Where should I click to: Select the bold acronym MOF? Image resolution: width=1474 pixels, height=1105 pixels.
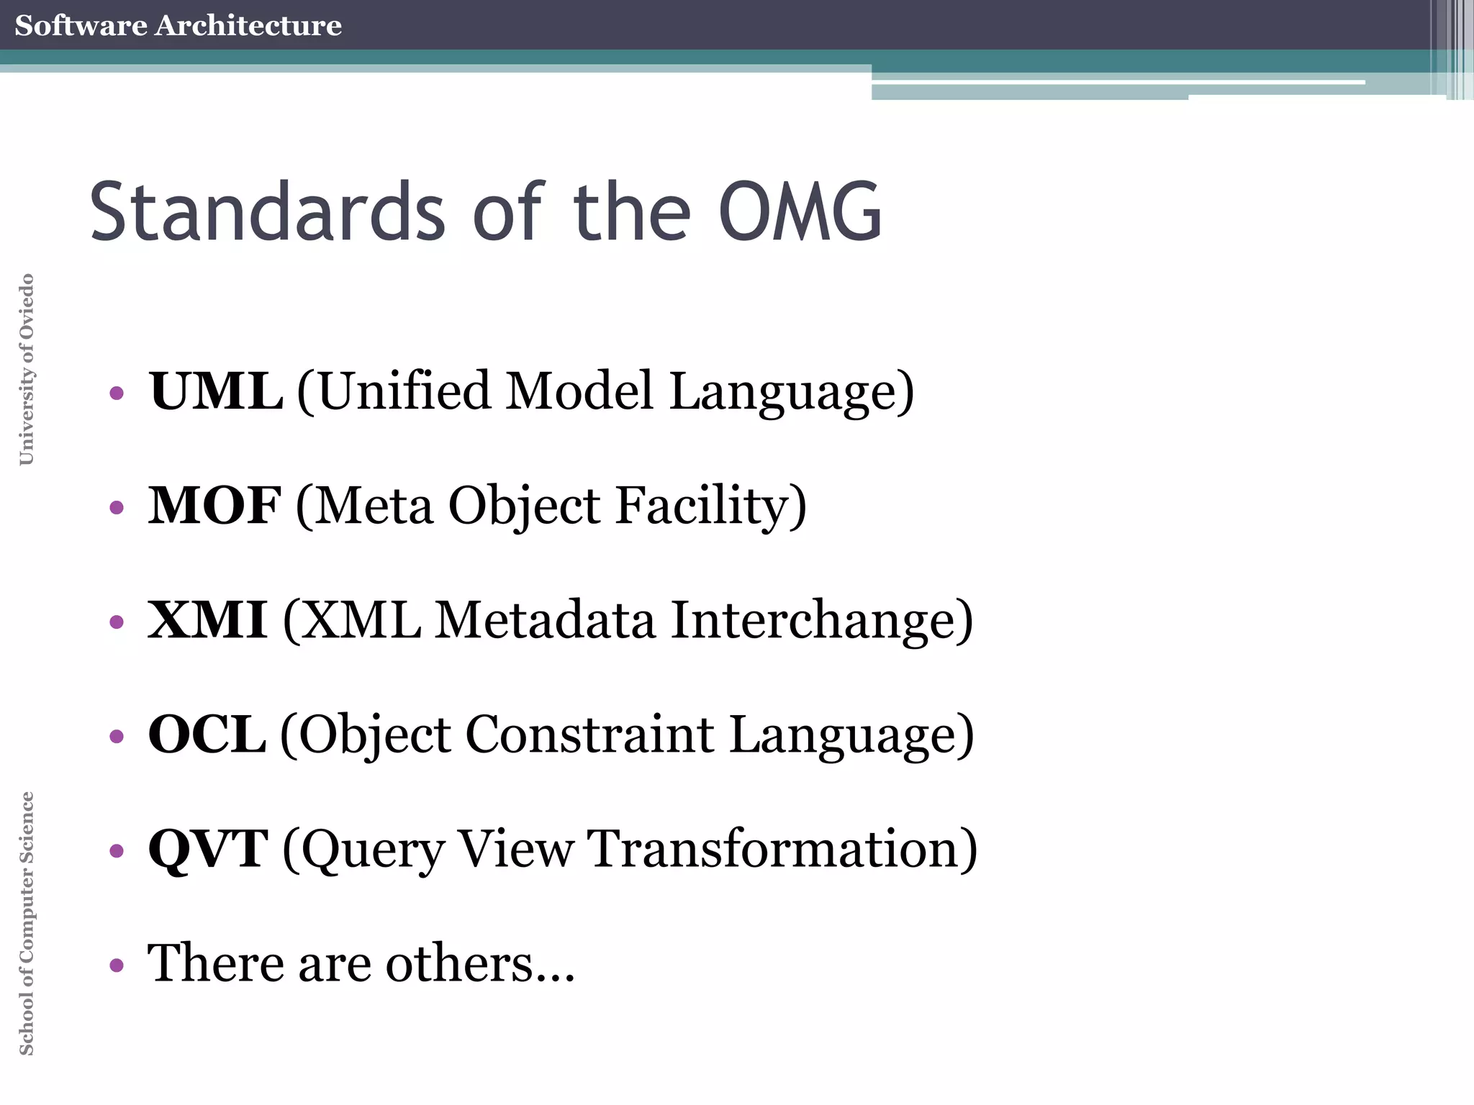[214, 505]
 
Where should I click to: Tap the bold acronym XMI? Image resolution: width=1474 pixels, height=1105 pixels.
[207, 619]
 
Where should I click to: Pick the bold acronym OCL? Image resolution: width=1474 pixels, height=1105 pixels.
[207, 734]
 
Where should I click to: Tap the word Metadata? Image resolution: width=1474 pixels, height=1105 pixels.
[546, 619]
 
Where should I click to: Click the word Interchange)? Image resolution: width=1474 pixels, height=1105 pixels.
[821, 619]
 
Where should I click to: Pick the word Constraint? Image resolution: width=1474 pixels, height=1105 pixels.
[590, 734]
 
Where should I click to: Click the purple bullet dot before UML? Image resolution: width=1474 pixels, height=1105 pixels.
[117, 394]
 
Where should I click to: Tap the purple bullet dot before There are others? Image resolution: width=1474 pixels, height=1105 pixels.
[117, 965]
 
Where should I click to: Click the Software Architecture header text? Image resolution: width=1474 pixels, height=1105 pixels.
[178, 25]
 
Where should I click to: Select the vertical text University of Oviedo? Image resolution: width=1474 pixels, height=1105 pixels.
[27, 369]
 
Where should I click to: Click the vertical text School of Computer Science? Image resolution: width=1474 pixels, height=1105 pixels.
[27, 923]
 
